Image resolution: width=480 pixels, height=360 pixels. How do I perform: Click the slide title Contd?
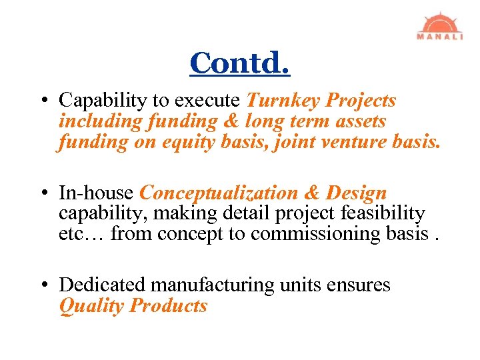tap(239, 63)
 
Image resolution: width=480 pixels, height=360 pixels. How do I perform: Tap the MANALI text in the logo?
tap(439, 37)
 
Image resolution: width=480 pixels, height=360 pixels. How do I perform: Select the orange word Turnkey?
tap(283, 101)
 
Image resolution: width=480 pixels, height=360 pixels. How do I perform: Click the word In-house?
tap(97, 193)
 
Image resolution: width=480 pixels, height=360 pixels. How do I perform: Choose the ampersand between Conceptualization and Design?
tap(312, 193)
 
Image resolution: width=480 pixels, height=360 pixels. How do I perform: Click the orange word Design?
tap(356, 193)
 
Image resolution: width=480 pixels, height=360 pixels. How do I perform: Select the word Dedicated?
tap(103, 285)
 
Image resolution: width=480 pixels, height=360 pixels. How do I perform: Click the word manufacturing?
tap(212, 285)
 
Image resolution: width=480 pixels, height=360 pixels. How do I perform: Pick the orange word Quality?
tap(91, 306)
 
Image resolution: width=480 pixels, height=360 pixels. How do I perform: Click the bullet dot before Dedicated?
tap(43, 286)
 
